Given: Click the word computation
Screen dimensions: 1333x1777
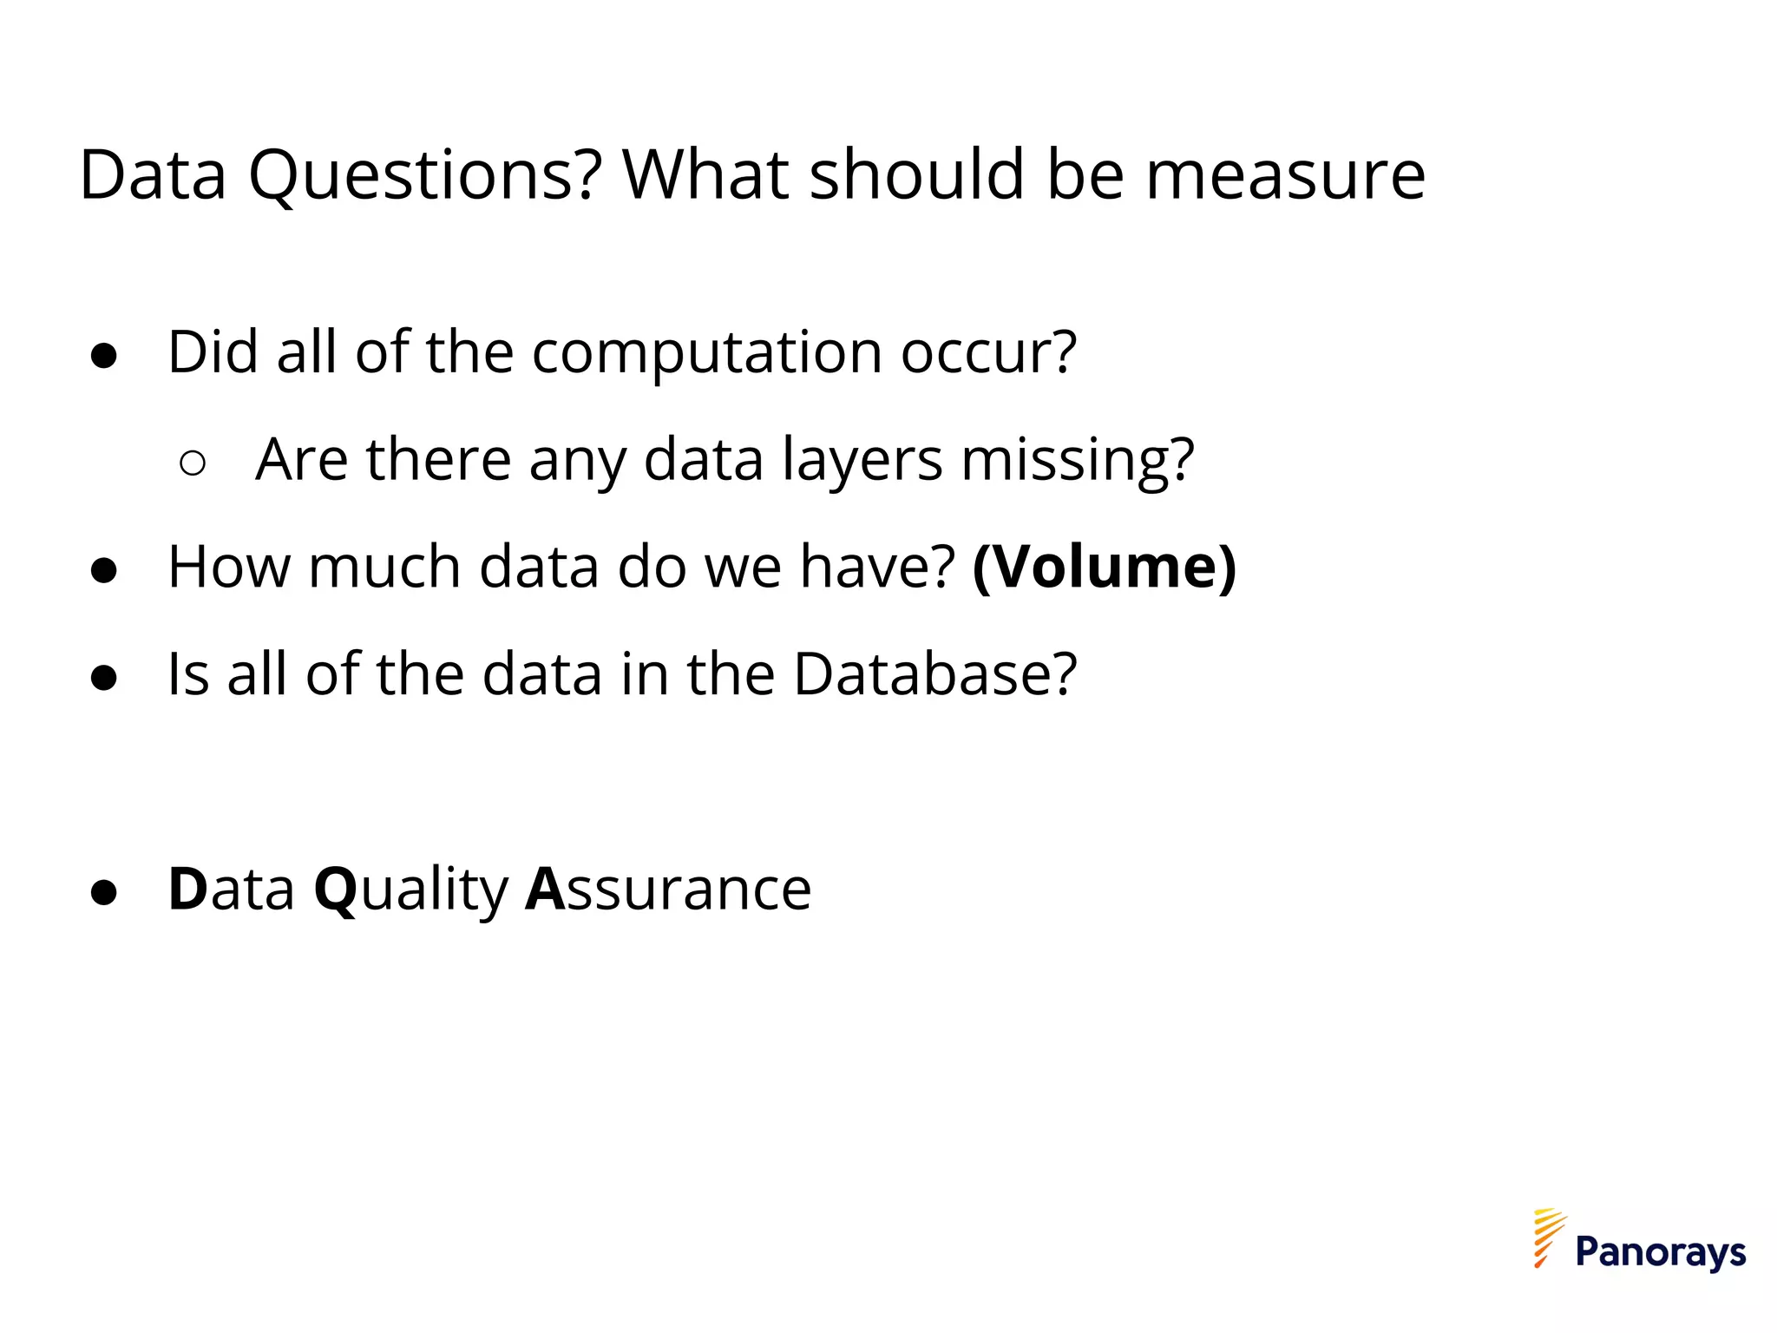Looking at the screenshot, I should tap(707, 352).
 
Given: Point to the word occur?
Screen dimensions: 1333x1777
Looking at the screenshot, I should tap(988, 352).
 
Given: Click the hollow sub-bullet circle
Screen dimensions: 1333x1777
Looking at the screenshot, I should tap(193, 463).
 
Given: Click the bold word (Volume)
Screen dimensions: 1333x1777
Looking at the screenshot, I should tap(1105, 568).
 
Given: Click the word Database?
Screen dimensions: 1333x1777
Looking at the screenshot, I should tap(935, 674).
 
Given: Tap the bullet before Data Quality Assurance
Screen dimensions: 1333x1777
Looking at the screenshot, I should tap(104, 892).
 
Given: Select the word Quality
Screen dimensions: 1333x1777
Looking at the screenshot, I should tap(411, 890).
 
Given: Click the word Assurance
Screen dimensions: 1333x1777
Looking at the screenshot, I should tap(668, 890).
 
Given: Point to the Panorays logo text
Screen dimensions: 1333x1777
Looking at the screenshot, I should tap(1660, 1252).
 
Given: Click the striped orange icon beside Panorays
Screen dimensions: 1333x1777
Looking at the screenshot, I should tap(1548, 1238).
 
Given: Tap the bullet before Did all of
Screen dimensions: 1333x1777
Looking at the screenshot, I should tap(104, 356).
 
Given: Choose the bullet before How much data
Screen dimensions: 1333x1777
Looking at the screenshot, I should tap(104, 570).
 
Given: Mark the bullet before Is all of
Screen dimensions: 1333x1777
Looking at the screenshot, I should tap(104, 678).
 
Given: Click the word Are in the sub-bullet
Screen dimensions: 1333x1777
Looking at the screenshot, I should tap(300, 459).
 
